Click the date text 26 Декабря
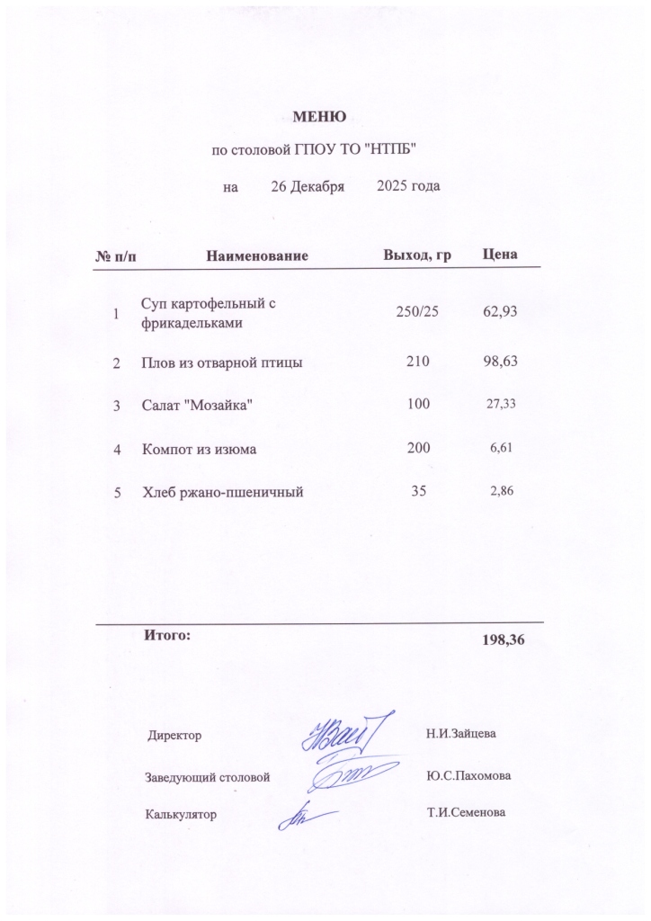coord(308,187)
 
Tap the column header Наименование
coord(257,256)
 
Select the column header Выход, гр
coord(416,255)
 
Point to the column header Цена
coord(499,255)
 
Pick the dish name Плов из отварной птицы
coord(221,363)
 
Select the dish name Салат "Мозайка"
coord(197,406)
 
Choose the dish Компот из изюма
coord(200,448)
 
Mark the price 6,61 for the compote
coord(500,446)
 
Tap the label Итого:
coord(167,635)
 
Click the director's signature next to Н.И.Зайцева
coord(346,735)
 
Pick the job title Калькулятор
coord(181,814)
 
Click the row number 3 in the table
coord(116,407)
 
